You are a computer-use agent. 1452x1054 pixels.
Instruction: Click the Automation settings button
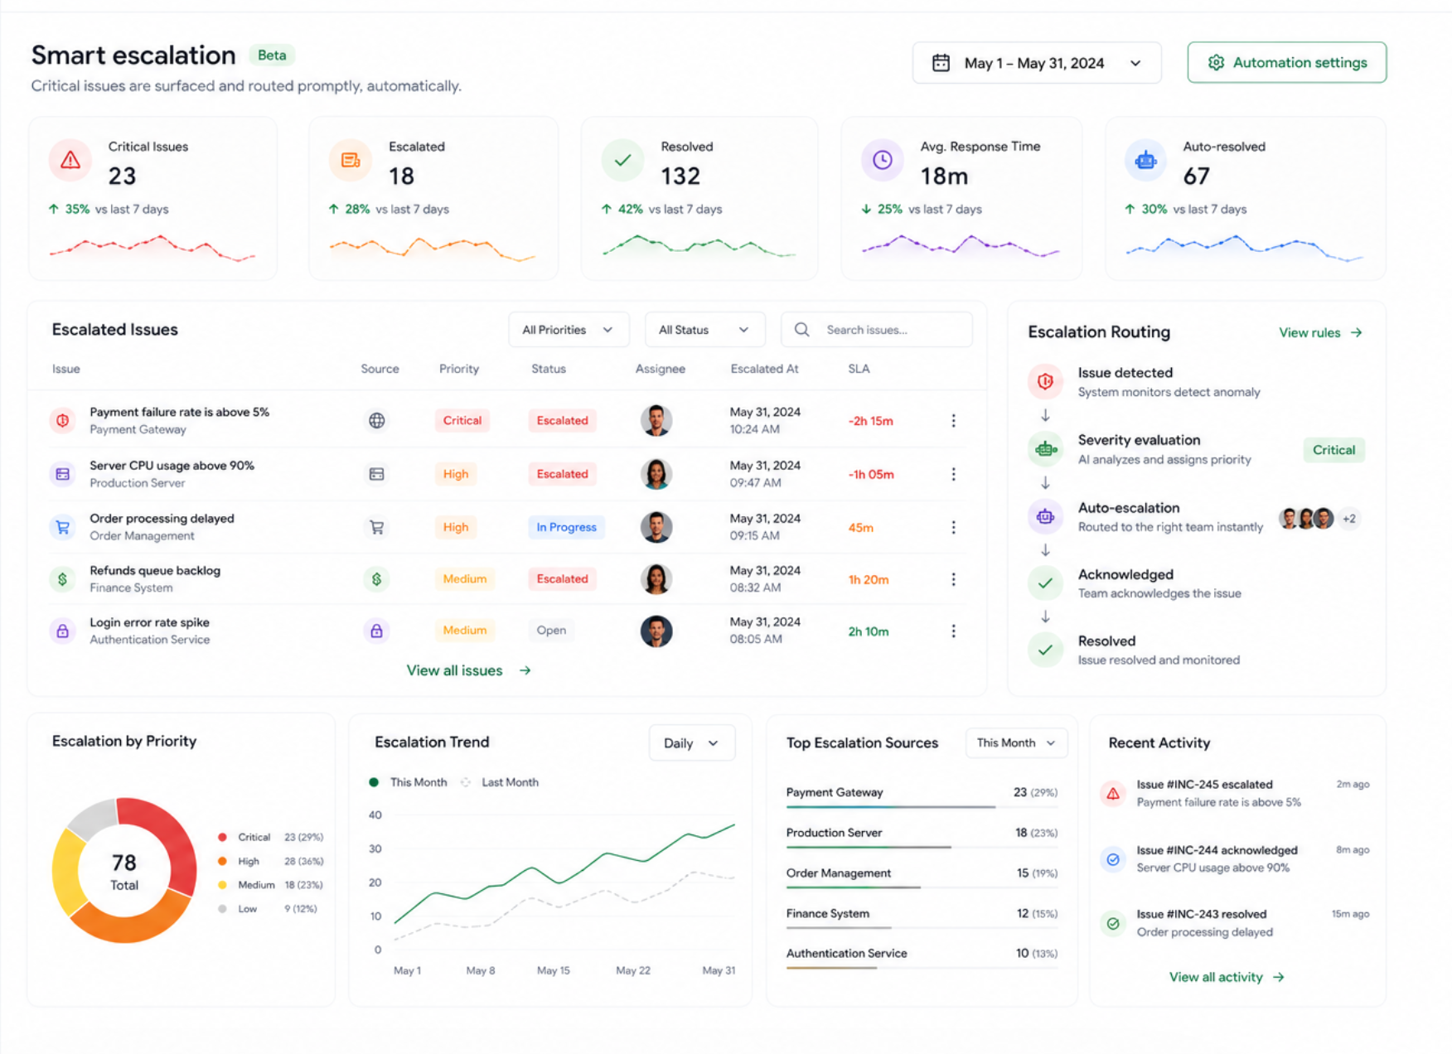[x=1286, y=63]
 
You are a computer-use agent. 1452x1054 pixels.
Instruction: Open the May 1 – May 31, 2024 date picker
[x=1036, y=63]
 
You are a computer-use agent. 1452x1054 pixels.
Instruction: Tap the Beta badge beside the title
[x=272, y=56]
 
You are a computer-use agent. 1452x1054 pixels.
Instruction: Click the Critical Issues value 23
[x=122, y=176]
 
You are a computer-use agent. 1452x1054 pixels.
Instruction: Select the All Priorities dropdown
[x=569, y=330]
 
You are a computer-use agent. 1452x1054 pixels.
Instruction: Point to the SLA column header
[x=859, y=369]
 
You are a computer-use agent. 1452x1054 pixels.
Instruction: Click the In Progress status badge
[x=566, y=527]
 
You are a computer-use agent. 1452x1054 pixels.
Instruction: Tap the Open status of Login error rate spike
[x=551, y=631]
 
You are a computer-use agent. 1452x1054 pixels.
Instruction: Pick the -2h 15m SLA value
[x=870, y=421]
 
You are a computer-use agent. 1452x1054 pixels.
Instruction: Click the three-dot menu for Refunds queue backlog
[x=953, y=579]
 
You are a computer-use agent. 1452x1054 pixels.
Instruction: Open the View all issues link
[x=468, y=670]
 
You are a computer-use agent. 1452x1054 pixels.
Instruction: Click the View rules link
[x=1320, y=332]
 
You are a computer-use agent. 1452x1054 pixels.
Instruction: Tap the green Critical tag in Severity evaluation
[x=1333, y=450]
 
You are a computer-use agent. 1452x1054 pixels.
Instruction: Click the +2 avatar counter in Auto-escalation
[x=1349, y=519]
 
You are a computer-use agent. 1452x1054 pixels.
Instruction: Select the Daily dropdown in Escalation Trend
[x=691, y=743]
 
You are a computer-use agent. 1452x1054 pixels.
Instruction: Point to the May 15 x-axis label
[x=553, y=970]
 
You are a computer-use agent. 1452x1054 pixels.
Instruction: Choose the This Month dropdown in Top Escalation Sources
[x=1016, y=743]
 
